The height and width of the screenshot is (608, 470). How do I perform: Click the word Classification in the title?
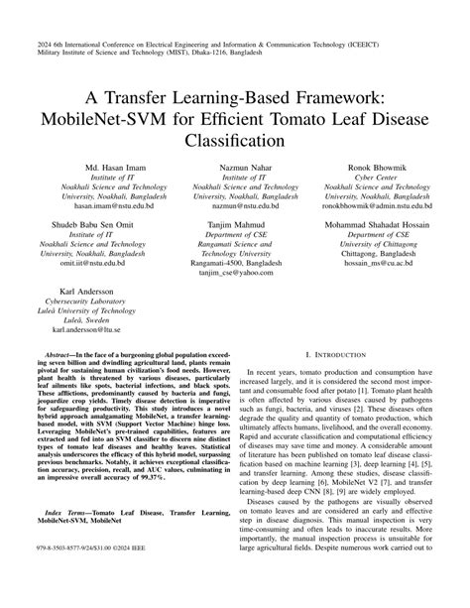(x=235, y=141)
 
